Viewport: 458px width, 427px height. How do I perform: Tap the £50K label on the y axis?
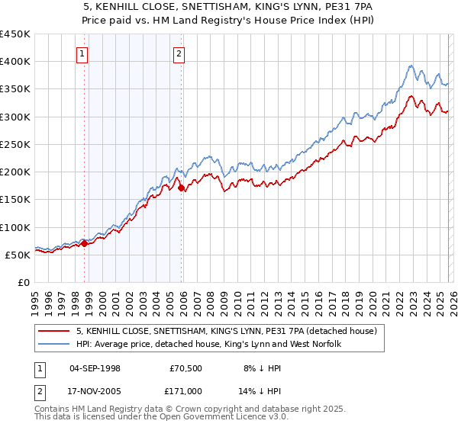tap(18, 255)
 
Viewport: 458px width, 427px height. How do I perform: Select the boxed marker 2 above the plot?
tap(179, 53)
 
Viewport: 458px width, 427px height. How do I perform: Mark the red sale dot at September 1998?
tap(85, 244)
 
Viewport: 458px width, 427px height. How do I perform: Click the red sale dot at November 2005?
tap(182, 188)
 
